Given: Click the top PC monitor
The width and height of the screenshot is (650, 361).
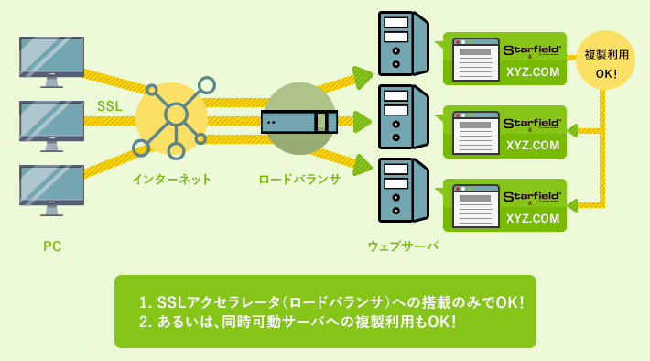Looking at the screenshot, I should [51, 60].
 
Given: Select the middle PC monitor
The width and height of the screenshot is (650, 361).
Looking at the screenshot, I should [51, 124].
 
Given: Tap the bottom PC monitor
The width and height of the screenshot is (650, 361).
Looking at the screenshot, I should [51, 188].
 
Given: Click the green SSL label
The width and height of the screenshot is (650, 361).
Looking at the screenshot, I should [110, 106].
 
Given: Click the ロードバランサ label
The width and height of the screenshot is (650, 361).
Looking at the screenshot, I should [299, 180].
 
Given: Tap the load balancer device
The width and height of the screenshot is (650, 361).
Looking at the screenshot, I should [299, 121].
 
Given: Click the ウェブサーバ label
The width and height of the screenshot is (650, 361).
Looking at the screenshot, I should [403, 246].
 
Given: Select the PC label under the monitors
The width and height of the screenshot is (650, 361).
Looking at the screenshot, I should [52, 246].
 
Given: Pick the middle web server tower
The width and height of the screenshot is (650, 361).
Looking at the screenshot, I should [403, 117].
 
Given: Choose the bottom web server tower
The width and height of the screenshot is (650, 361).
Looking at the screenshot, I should [403, 191].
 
